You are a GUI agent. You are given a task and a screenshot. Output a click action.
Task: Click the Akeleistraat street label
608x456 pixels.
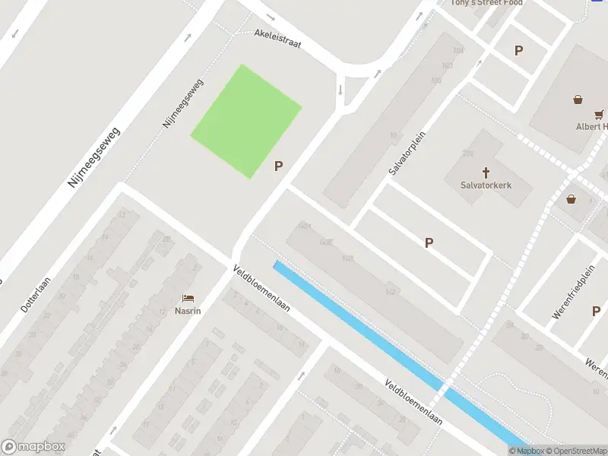(x=278, y=39)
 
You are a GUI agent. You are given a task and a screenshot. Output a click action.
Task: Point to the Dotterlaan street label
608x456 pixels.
(x=35, y=296)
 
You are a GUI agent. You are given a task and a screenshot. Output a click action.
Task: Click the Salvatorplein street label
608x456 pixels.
(x=407, y=153)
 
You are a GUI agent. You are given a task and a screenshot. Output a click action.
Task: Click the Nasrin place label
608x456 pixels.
(x=188, y=312)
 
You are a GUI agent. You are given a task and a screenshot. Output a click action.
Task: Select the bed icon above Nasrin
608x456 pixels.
(x=188, y=299)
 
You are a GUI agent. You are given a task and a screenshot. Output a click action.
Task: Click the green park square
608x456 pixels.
(x=245, y=122)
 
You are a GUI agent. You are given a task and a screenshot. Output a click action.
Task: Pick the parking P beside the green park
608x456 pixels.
(x=279, y=166)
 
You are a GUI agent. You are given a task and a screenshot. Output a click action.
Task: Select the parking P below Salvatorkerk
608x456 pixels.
(x=429, y=242)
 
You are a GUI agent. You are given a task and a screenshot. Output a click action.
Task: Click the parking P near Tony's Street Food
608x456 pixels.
(x=518, y=51)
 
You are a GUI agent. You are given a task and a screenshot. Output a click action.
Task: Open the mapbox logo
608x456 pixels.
(x=33, y=447)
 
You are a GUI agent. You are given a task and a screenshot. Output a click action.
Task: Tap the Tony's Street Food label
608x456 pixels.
(x=486, y=3)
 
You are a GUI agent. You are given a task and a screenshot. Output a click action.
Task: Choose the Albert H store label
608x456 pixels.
(x=591, y=126)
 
